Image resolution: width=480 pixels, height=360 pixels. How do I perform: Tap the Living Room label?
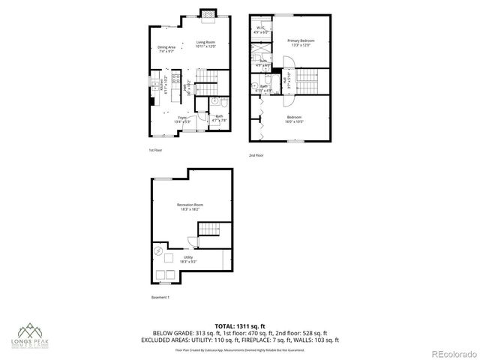point(206,44)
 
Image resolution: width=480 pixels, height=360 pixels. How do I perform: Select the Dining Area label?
point(166,49)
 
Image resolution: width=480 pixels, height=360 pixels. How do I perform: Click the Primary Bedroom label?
point(300,42)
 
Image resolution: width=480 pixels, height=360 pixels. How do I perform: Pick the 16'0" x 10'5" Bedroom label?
point(295,120)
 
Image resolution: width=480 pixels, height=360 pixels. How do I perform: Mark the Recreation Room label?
point(190,207)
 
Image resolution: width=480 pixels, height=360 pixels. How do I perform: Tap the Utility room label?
point(187,259)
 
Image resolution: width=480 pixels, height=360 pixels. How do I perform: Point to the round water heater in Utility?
point(159,251)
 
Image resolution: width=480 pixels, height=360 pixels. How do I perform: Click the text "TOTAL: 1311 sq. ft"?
point(240,326)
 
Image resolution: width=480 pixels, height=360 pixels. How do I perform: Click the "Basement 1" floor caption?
point(159,298)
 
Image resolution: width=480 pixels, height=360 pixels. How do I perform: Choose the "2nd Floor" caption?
point(257,156)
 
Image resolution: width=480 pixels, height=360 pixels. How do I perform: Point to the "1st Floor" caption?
point(154,150)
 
